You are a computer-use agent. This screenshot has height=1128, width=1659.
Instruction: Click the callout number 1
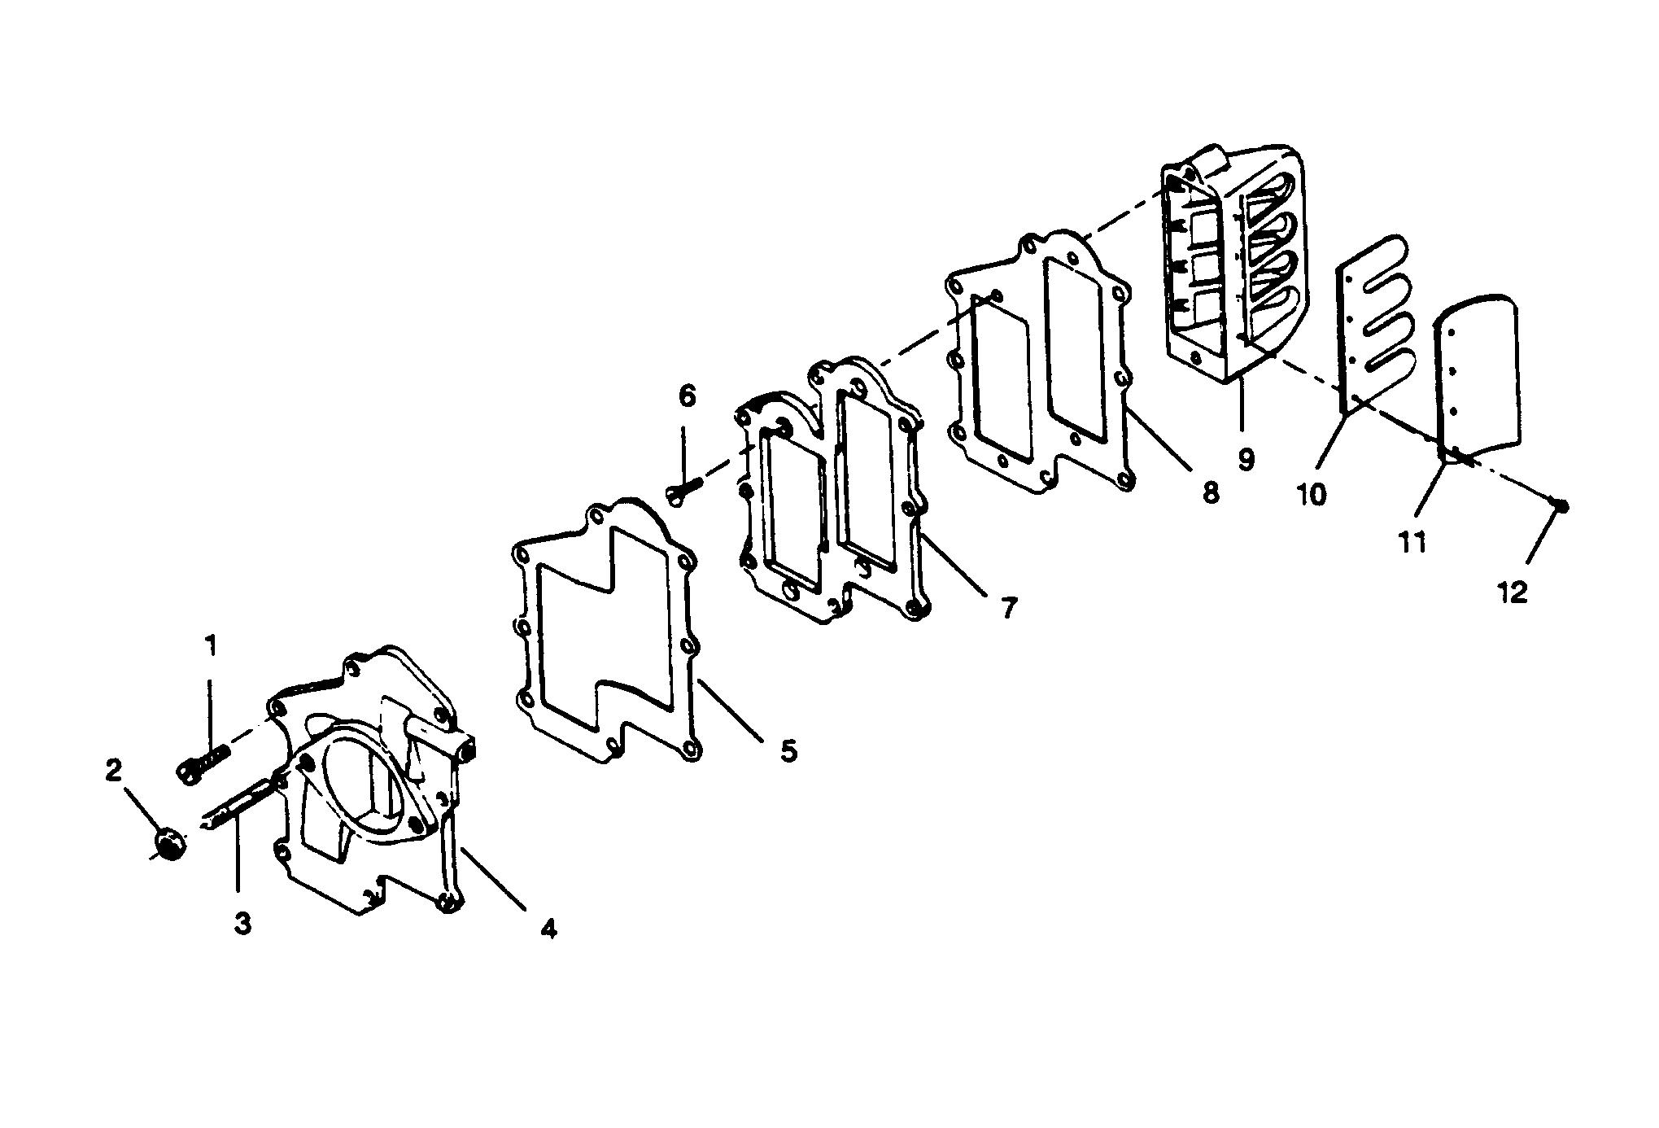point(211,648)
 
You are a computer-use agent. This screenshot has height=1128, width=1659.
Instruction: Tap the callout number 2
point(113,770)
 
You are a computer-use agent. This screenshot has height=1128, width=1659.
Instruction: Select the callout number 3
point(242,924)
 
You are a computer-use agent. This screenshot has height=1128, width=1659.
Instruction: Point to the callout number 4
point(548,929)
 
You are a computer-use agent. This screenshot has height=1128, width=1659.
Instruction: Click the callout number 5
point(788,750)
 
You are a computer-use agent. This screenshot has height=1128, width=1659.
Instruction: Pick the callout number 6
point(687,397)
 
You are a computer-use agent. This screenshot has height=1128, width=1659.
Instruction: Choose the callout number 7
point(1009,607)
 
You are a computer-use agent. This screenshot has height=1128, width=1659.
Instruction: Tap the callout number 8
point(1211,492)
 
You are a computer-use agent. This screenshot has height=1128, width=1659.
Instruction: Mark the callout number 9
point(1246,459)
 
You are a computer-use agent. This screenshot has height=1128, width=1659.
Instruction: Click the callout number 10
point(1312,493)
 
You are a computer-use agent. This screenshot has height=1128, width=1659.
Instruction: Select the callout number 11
point(1412,542)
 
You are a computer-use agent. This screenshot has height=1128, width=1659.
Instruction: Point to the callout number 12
point(1513,592)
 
